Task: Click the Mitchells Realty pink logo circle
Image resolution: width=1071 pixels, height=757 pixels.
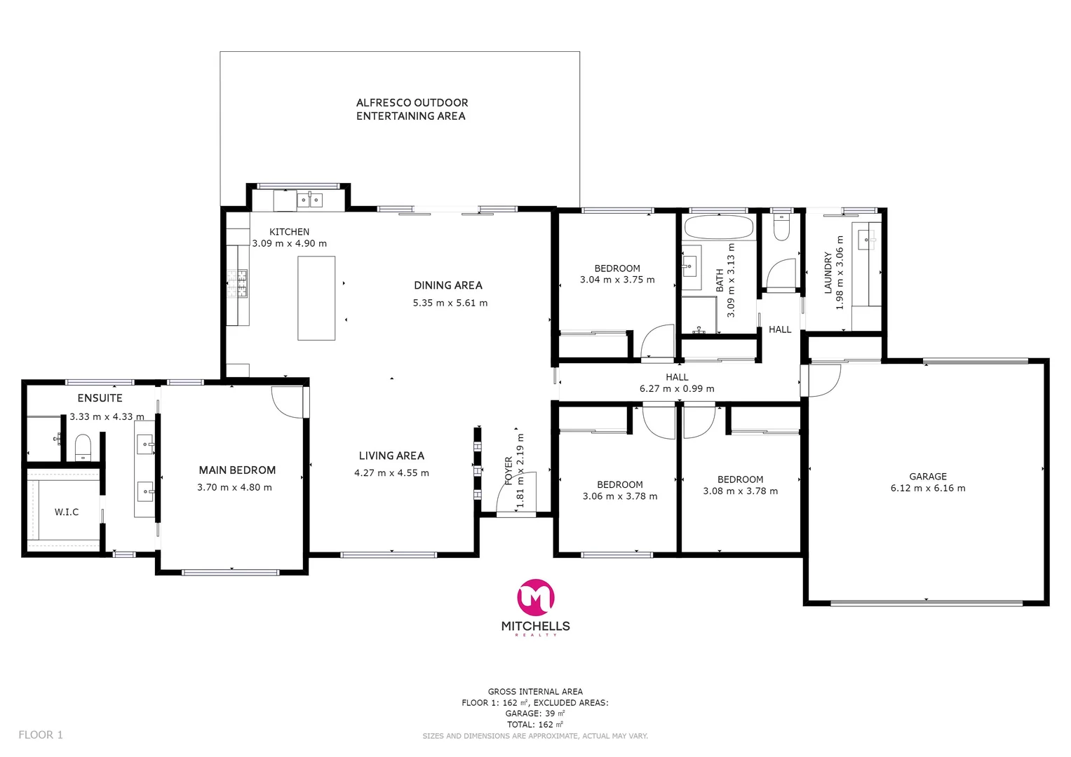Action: [536, 597]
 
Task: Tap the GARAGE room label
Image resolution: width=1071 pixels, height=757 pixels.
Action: [927, 476]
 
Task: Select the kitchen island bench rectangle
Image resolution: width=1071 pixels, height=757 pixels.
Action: [316, 298]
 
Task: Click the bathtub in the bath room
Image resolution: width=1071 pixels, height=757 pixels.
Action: [718, 228]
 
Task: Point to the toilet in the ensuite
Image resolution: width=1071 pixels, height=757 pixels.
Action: [83, 447]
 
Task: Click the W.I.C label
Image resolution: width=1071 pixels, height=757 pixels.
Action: [67, 512]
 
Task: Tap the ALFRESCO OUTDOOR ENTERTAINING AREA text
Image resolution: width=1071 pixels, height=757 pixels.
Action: [412, 109]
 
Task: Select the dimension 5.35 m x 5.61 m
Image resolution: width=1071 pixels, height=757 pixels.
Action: [450, 303]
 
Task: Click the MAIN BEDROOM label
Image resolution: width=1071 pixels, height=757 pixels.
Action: [237, 470]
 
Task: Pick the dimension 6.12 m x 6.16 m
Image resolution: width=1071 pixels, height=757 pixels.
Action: [927, 488]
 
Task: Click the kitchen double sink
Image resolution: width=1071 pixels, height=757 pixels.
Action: [309, 200]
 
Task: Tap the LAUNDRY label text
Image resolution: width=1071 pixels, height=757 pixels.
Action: [828, 272]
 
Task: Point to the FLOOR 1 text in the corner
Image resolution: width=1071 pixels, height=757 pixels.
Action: [41, 735]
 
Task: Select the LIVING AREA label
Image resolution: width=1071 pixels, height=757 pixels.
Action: [391, 456]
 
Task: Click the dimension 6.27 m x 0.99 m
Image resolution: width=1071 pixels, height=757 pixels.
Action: [677, 388]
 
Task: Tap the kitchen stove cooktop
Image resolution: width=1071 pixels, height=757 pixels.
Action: [238, 284]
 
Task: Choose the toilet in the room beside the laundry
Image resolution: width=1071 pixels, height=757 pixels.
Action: [781, 226]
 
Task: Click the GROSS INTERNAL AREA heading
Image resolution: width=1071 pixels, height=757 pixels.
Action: [535, 691]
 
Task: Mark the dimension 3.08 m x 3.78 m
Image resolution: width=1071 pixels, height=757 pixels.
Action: [740, 491]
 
